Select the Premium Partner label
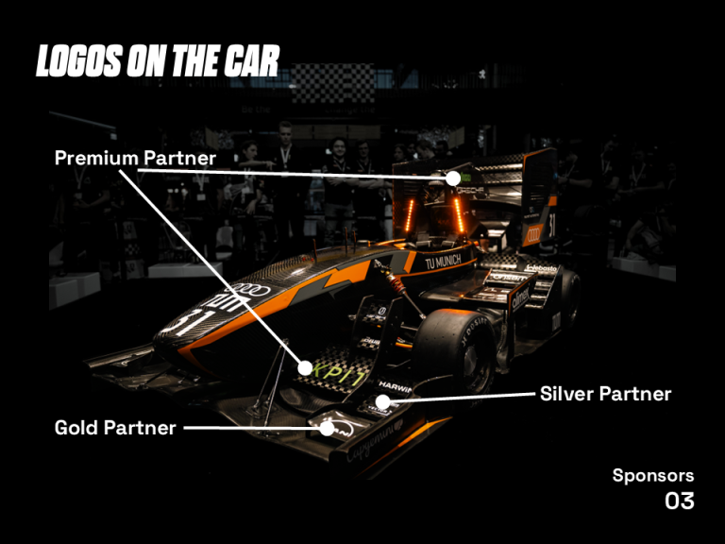pyautogui.click(x=135, y=157)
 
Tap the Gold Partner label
pyautogui.click(x=115, y=428)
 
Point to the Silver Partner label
pyautogui.click(x=605, y=394)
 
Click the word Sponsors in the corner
pyautogui.click(x=652, y=475)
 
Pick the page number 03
pyautogui.click(x=680, y=501)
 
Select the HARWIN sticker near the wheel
pyautogui.click(x=396, y=386)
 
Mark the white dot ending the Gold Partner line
pyautogui.click(x=327, y=428)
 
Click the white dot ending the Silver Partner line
pyautogui.click(x=382, y=402)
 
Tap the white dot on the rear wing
pyautogui.click(x=453, y=178)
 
